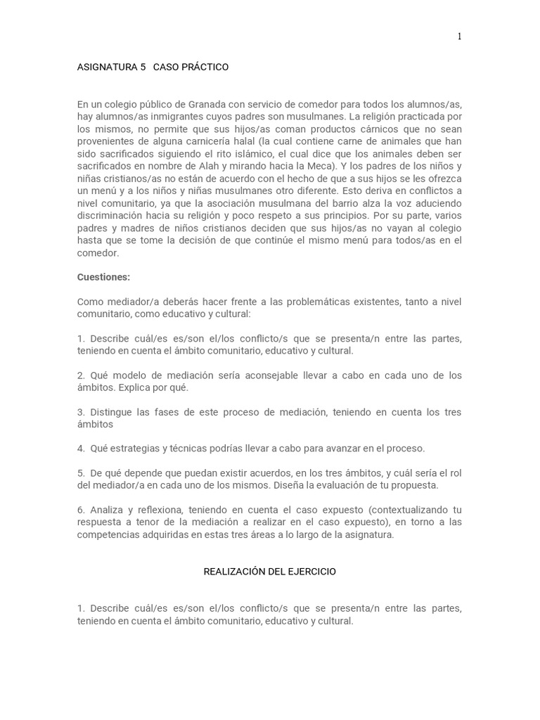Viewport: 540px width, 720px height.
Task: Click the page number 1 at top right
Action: point(460,37)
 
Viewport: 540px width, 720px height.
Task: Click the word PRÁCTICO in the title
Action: point(203,67)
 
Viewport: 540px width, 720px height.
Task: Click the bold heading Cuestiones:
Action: point(103,277)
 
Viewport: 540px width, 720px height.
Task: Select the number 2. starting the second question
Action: point(81,375)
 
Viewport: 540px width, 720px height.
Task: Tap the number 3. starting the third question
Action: point(81,412)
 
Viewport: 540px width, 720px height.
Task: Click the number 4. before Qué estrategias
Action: point(81,449)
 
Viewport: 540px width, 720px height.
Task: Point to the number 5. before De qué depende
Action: point(81,473)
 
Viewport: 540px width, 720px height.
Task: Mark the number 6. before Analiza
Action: point(81,510)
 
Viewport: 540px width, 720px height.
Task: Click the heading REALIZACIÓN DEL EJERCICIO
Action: point(270,572)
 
